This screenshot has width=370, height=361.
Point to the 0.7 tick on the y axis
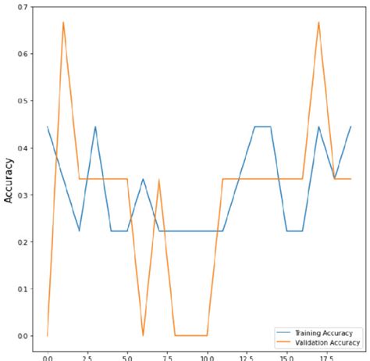[x=23, y=7]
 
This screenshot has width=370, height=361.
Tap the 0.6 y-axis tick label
[x=23, y=54]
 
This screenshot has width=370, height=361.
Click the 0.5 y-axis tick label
[x=23, y=101]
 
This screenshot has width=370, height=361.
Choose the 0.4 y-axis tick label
[x=23, y=148]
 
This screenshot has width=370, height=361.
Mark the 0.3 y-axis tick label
[x=23, y=195]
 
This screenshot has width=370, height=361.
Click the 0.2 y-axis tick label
[x=23, y=242]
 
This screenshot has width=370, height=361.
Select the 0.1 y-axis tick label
[x=23, y=289]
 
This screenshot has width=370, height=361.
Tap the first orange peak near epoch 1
[x=63, y=22]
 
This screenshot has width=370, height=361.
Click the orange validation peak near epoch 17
[x=318, y=22]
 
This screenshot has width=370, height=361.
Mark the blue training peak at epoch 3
[x=95, y=127]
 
